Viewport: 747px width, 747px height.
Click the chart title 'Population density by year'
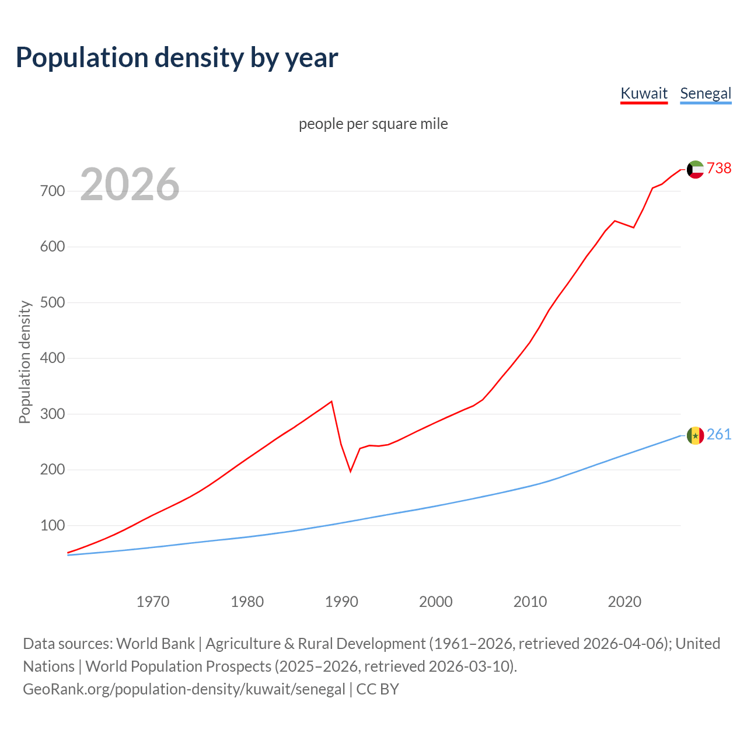[177, 58]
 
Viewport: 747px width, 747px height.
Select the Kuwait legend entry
[644, 93]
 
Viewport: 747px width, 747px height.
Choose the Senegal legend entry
[706, 93]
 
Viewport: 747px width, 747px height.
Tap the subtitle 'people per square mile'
[373, 124]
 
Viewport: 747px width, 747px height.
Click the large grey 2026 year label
[130, 184]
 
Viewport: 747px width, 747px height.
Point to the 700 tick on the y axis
[52, 191]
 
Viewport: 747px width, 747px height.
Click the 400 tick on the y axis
[52, 358]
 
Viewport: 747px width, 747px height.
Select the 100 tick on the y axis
[52, 525]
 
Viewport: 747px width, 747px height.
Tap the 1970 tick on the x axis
[153, 601]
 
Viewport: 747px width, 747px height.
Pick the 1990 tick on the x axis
[341, 601]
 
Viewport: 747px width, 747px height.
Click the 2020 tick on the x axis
[624, 601]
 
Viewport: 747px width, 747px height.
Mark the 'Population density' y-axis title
[25, 362]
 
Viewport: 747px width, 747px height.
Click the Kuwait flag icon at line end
[695, 169]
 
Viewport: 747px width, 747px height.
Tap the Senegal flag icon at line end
[695, 435]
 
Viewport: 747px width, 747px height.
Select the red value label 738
[719, 168]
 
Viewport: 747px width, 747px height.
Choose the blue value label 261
[719, 435]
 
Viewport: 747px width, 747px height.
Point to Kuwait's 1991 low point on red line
[351, 471]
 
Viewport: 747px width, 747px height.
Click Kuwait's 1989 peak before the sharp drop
[331, 402]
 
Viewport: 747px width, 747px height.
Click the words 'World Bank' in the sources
[155, 644]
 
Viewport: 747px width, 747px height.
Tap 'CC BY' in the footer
[378, 689]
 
